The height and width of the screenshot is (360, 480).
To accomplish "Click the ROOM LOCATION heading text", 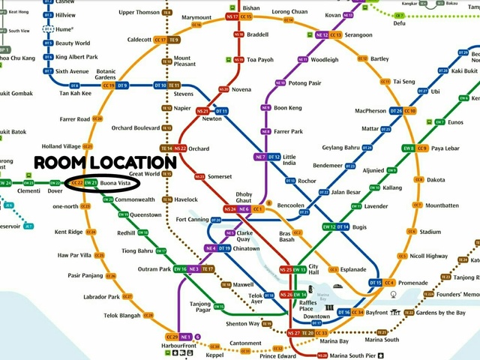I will tap(106, 162).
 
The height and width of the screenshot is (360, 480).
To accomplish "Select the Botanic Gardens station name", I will tap(106, 74).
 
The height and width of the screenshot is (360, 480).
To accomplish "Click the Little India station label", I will tap(289, 160).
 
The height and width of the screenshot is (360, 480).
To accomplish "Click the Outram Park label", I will tap(154, 269).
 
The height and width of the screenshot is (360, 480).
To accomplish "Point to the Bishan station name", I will tap(251, 7).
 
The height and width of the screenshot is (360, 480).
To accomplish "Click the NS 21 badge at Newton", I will tap(202, 111).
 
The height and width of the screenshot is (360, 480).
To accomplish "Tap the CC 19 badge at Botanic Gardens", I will tap(108, 85).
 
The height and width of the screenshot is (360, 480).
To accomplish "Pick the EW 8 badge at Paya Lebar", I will tap(409, 148).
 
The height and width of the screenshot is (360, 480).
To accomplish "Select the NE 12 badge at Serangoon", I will tap(322, 35).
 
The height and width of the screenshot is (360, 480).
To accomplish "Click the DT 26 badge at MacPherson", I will tap(397, 111).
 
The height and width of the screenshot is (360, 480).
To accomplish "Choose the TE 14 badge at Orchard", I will tap(167, 148).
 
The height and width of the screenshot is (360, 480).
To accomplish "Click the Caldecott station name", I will tap(139, 40).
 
